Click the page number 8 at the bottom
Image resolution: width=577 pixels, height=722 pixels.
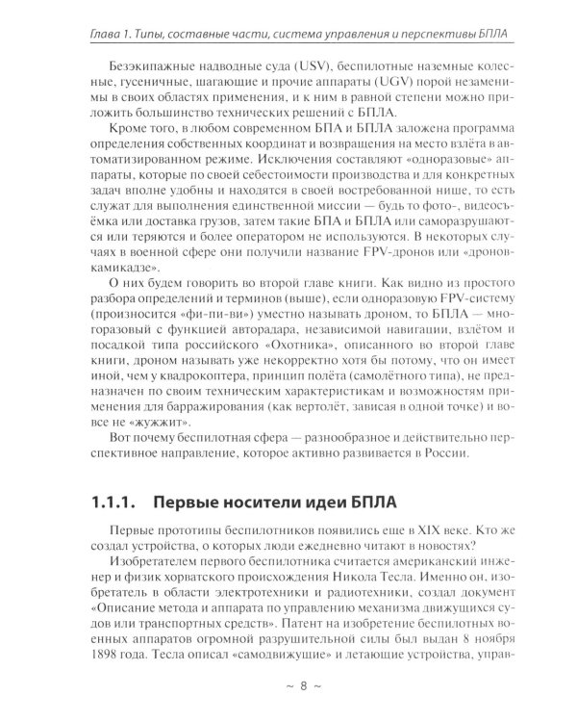(288, 686)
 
